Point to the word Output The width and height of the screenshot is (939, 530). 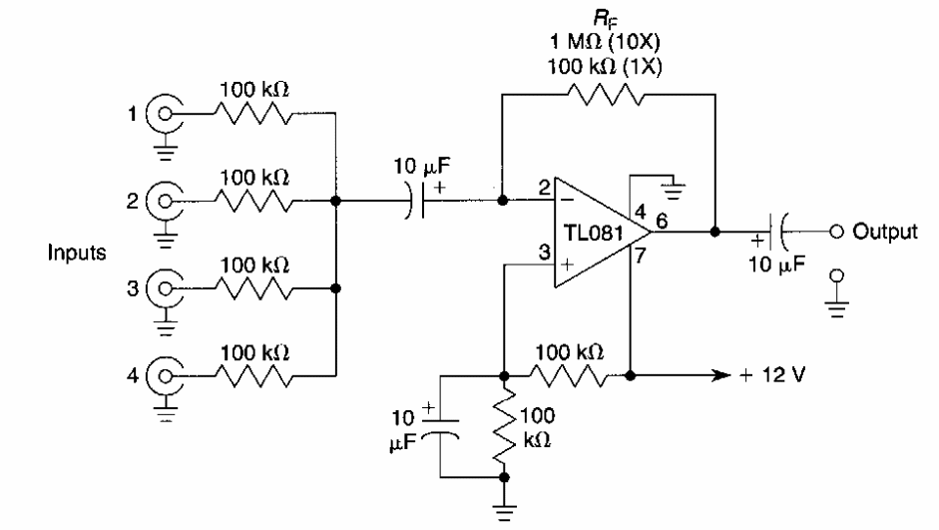[883, 232]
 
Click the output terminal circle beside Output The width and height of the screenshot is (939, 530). [836, 232]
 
